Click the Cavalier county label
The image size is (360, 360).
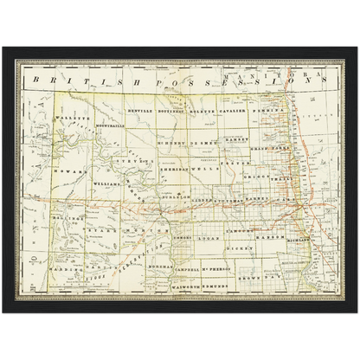pyautogui.click(x=235, y=112)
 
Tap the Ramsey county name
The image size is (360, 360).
pyautogui.click(x=236, y=138)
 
